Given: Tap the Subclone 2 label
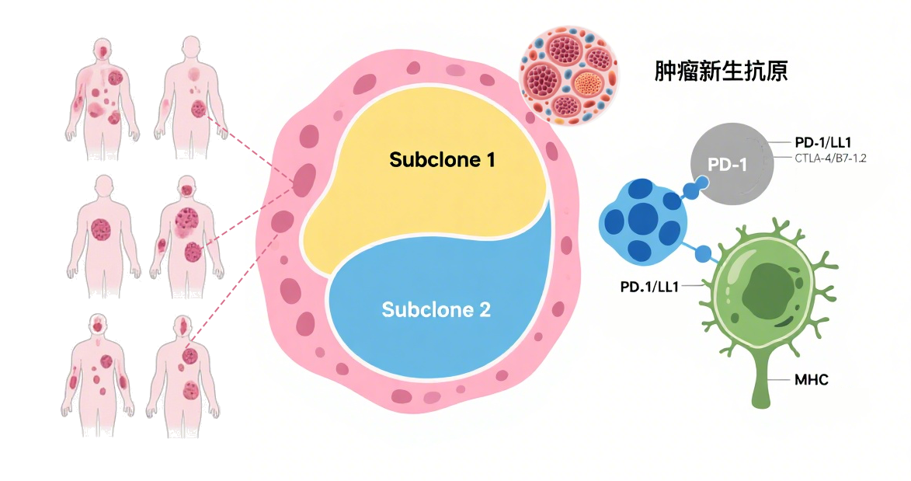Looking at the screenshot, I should [436, 308].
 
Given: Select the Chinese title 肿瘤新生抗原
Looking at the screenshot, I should [721, 72].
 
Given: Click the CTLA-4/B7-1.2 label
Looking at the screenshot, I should [829, 159].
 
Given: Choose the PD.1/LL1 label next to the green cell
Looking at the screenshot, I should [649, 287].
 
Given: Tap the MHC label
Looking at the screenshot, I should [812, 380].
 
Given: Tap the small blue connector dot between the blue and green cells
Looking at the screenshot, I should [704, 253].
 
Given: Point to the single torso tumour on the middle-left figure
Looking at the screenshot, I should [102, 228].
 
